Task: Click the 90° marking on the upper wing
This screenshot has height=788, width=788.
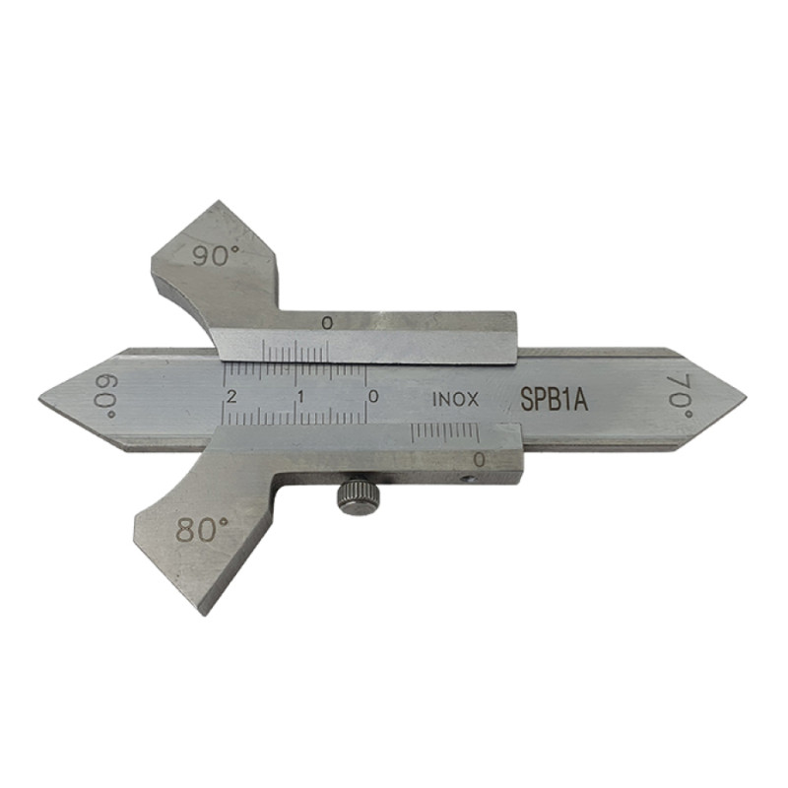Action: (x=217, y=256)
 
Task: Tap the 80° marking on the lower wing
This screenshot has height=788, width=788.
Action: (x=202, y=530)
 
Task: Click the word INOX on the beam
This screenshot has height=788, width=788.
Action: (x=455, y=400)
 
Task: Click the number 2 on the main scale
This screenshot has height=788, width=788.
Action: (x=231, y=396)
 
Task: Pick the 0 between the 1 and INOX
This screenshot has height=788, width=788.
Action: (x=372, y=396)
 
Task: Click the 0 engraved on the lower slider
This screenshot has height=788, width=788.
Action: (x=479, y=459)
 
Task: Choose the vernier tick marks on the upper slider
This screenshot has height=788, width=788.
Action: (x=295, y=354)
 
